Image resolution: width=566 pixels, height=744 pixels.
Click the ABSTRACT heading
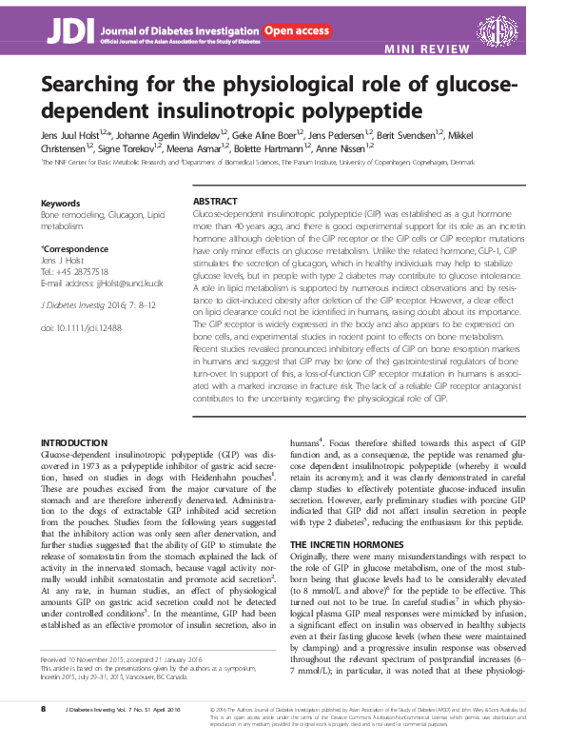point(215,203)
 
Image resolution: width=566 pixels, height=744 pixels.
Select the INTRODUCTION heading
point(75,443)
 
